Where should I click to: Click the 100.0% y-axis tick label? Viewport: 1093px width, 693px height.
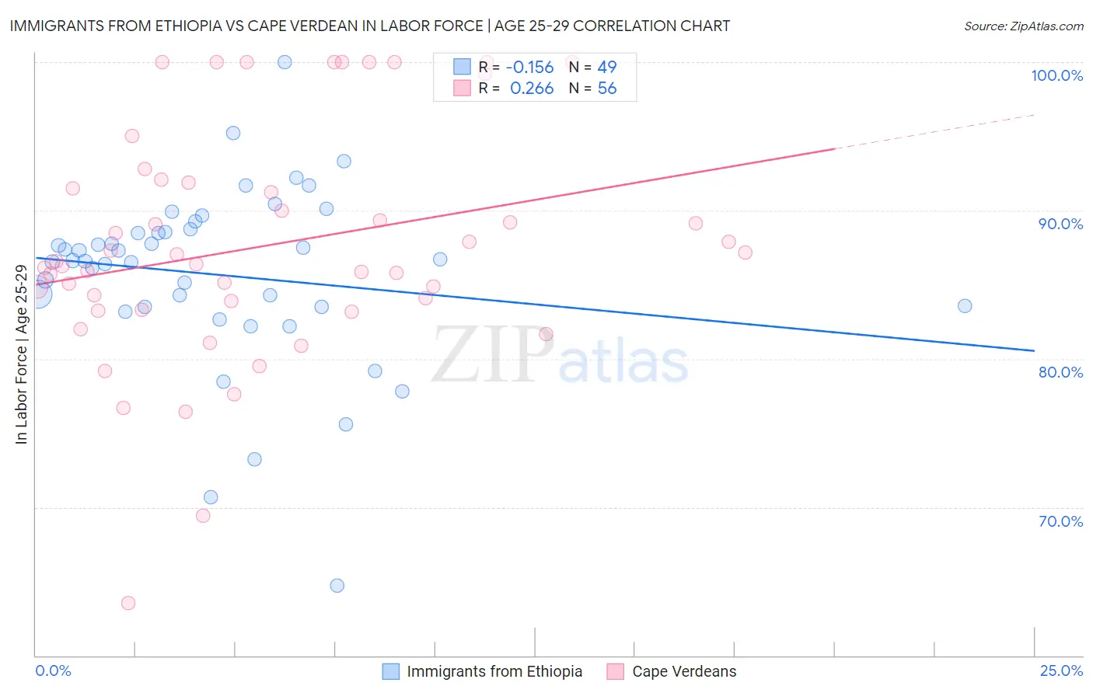1056,75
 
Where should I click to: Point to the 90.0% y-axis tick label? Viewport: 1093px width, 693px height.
1060,224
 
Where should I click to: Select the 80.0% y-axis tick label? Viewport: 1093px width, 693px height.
1060,372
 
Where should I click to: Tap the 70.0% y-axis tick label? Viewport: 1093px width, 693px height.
1060,521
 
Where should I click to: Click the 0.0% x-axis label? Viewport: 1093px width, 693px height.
53,670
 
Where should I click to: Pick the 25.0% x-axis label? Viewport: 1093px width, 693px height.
1061,670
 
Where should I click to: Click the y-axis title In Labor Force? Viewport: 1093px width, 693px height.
21,354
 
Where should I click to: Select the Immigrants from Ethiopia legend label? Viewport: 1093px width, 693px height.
494,671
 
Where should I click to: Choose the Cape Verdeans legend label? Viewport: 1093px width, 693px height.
684,671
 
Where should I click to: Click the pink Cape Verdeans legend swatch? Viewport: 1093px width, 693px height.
616,671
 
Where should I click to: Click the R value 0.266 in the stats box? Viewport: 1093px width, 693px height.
532,89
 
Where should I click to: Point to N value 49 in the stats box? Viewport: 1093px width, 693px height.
607,67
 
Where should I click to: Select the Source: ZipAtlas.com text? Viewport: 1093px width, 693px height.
1023,26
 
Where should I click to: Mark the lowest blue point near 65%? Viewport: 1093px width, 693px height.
337,586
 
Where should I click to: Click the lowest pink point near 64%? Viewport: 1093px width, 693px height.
128,603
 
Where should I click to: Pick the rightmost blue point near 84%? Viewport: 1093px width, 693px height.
965,306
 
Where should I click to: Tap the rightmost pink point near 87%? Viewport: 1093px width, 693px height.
745,252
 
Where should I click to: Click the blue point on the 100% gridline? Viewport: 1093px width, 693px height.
285,62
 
